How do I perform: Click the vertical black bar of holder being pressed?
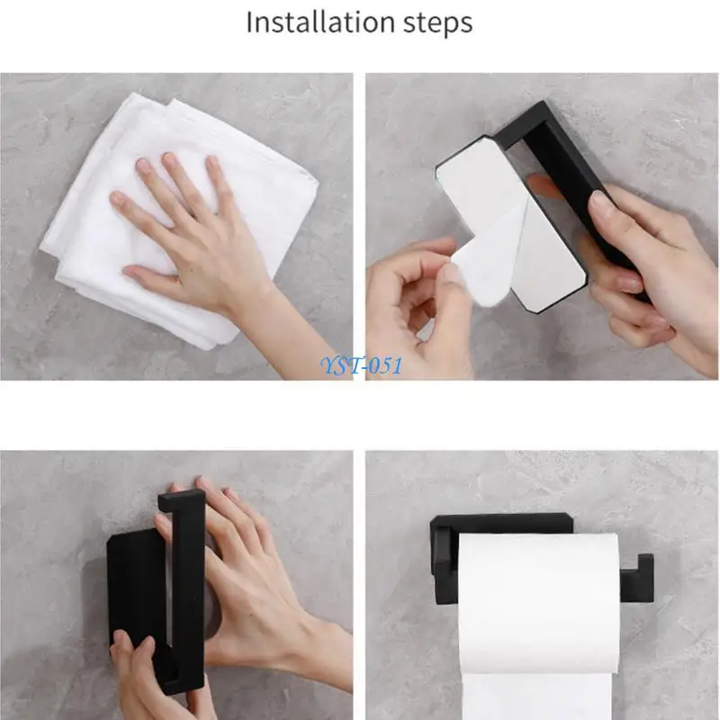184,585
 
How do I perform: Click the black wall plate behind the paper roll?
504,523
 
